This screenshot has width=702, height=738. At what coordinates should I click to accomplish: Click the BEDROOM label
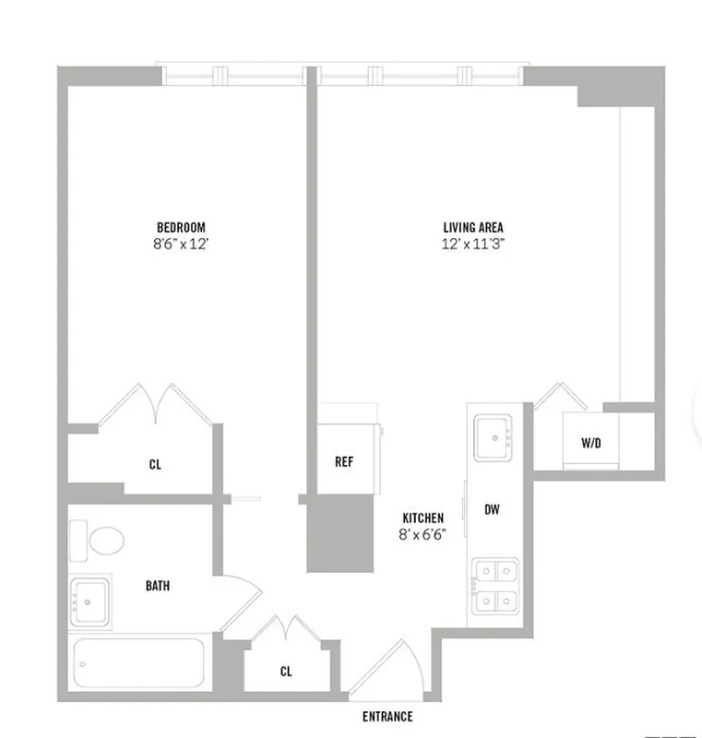pos(181,228)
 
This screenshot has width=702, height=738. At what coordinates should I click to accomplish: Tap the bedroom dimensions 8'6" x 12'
pos(181,244)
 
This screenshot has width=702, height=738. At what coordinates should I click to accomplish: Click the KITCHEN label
pos(423,518)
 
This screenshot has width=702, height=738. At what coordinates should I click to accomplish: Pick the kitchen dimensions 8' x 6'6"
pos(423,535)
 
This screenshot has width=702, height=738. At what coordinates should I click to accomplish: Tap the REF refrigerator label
pos(344,461)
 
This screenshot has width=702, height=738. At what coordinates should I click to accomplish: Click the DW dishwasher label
pos(492,508)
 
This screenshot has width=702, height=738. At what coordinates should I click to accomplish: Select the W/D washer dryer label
pos(590,444)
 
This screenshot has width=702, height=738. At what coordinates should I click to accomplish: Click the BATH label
pos(157,585)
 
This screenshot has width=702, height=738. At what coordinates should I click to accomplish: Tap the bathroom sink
pos(91,600)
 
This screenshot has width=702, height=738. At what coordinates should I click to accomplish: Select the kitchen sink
pos(494,437)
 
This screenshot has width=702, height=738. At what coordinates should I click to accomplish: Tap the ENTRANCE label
pos(387,717)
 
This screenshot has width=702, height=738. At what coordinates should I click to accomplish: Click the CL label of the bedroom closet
pos(155,465)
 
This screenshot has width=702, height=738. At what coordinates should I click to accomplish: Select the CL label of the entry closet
pos(286,672)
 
